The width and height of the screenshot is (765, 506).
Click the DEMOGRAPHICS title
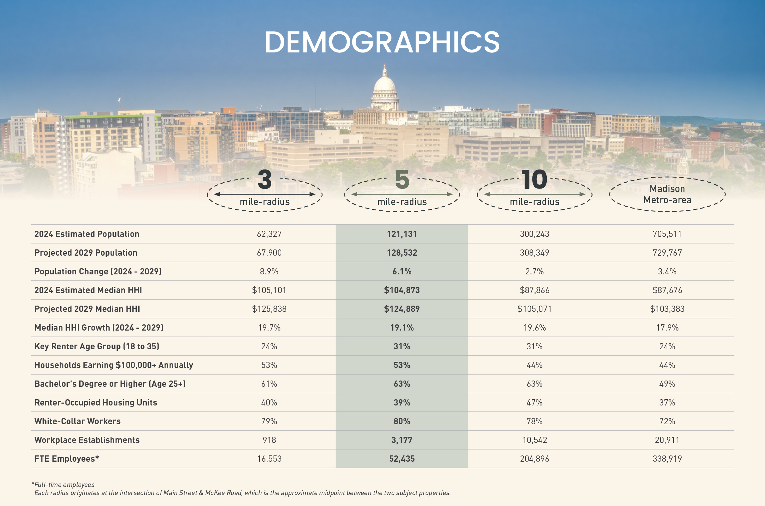point(382,42)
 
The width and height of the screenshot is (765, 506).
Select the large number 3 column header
point(265,179)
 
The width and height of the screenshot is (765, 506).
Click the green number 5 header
point(402,179)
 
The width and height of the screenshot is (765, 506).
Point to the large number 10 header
point(534,179)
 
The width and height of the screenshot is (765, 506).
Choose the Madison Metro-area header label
point(667,194)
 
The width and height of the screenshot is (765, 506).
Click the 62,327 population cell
point(269,234)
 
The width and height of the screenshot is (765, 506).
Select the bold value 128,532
point(402,253)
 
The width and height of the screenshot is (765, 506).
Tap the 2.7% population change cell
point(534,271)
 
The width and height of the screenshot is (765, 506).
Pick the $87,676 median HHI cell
point(667,290)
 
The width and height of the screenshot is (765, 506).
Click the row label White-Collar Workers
point(77,421)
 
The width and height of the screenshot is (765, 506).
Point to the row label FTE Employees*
point(67,459)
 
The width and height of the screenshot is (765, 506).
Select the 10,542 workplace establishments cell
point(535,440)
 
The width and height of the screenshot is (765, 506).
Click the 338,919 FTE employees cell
point(667,459)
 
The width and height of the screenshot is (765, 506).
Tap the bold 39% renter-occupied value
point(402,402)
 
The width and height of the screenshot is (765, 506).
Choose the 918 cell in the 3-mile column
point(269,440)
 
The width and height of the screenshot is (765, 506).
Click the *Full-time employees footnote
point(63,484)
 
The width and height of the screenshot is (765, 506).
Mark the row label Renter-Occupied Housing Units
point(96,402)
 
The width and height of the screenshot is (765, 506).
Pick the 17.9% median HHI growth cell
point(667,327)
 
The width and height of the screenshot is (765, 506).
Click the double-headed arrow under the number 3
point(265,194)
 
